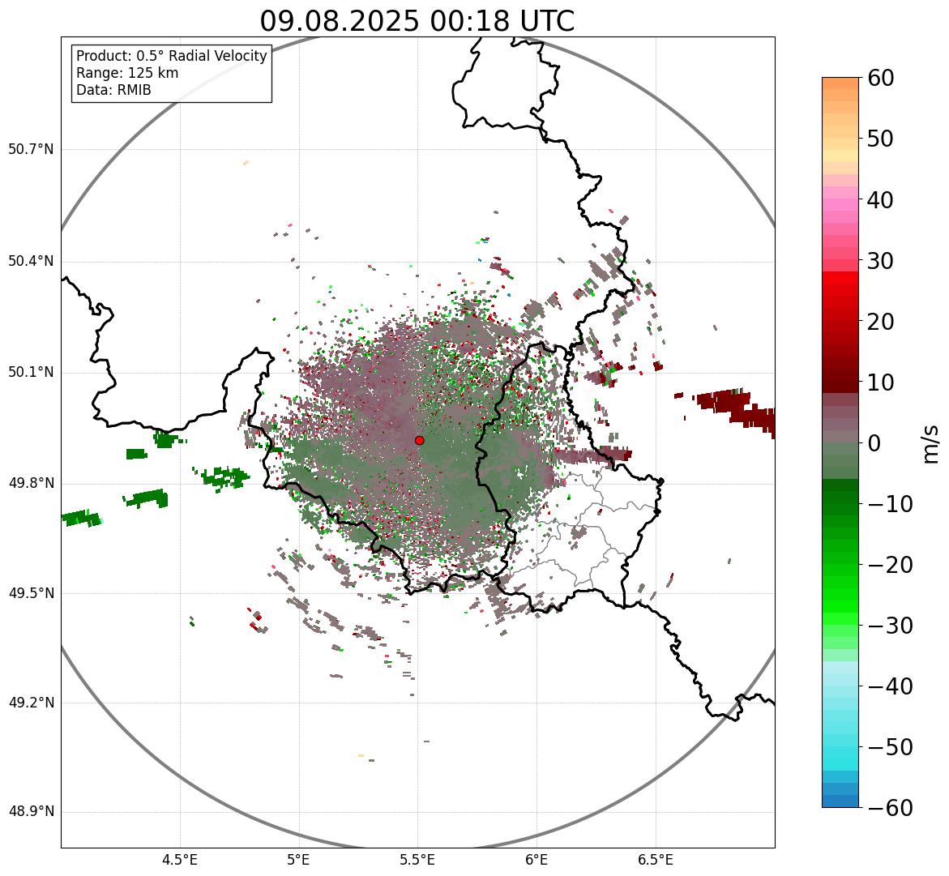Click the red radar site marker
pyautogui.click(x=419, y=440)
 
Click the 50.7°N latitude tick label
pyautogui.click(x=31, y=149)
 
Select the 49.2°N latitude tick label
pyautogui.click(x=31, y=703)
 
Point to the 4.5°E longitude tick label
pyautogui.click(x=181, y=861)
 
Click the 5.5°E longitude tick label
pyautogui.click(x=417, y=861)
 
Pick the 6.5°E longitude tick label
pyautogui.click(x=656, y=861)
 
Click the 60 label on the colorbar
pyautogui.click(x=880, y=78)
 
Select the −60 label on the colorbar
pyautogui.click(x=891, y=808)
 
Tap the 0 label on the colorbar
pyautogui.click(x=874, y=443)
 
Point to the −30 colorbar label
pyautogui.click(x=891, y=626)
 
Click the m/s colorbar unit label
pyautogui.click(x=931, y=444)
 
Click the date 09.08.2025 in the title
pyautogui.click(x=339, y=22)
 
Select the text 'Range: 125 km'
pyautogui.click(x=127, y=73)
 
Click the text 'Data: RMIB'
pyautogui.click(x=113, y=90)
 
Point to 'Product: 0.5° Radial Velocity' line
pyautogui.click(x=171, y=56)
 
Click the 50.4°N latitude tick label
pyautogui.click(x=31, y=262)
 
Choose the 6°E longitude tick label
pyautogui.click(x=536, y=861)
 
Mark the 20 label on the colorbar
pyautogui.click(x=880, y=322)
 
